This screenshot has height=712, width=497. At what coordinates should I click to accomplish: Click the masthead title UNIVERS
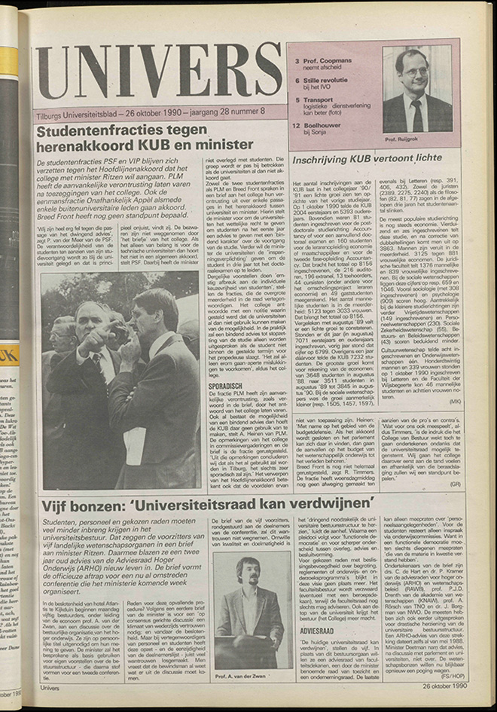coord(159,72)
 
